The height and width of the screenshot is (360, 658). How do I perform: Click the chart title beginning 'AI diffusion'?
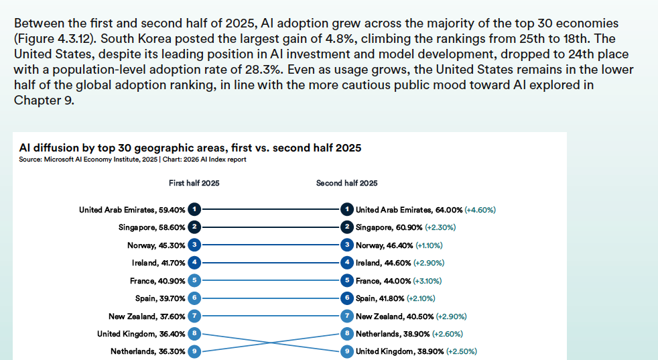(x=190, y=147)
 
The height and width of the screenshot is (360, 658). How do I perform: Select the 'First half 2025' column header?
(x=194, y=183)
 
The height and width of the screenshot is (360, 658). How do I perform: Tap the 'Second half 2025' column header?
(x=346, y=183)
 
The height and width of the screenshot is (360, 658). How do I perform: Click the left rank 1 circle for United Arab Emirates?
(x=194, y=210)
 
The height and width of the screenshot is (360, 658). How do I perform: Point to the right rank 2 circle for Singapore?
(x=347, y=227)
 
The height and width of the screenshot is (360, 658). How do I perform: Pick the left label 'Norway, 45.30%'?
(x=156, y=245)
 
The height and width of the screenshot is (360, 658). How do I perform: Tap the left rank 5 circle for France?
(x=194, y=280)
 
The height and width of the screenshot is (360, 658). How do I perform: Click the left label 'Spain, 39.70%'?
(x=160, y=298)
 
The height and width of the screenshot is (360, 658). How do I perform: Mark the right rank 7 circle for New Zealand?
(x=347, y=316)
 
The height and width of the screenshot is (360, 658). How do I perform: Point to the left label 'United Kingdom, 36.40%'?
(x=141, y=333)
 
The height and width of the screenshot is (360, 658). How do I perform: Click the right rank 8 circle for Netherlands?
(x=347, y=333)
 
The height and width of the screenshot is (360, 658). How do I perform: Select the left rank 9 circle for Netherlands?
(x=194, y=351)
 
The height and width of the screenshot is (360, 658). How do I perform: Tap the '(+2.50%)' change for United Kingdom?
(x=462, y=351)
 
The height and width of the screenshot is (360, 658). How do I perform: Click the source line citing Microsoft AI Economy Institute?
(x=133, y=160)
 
